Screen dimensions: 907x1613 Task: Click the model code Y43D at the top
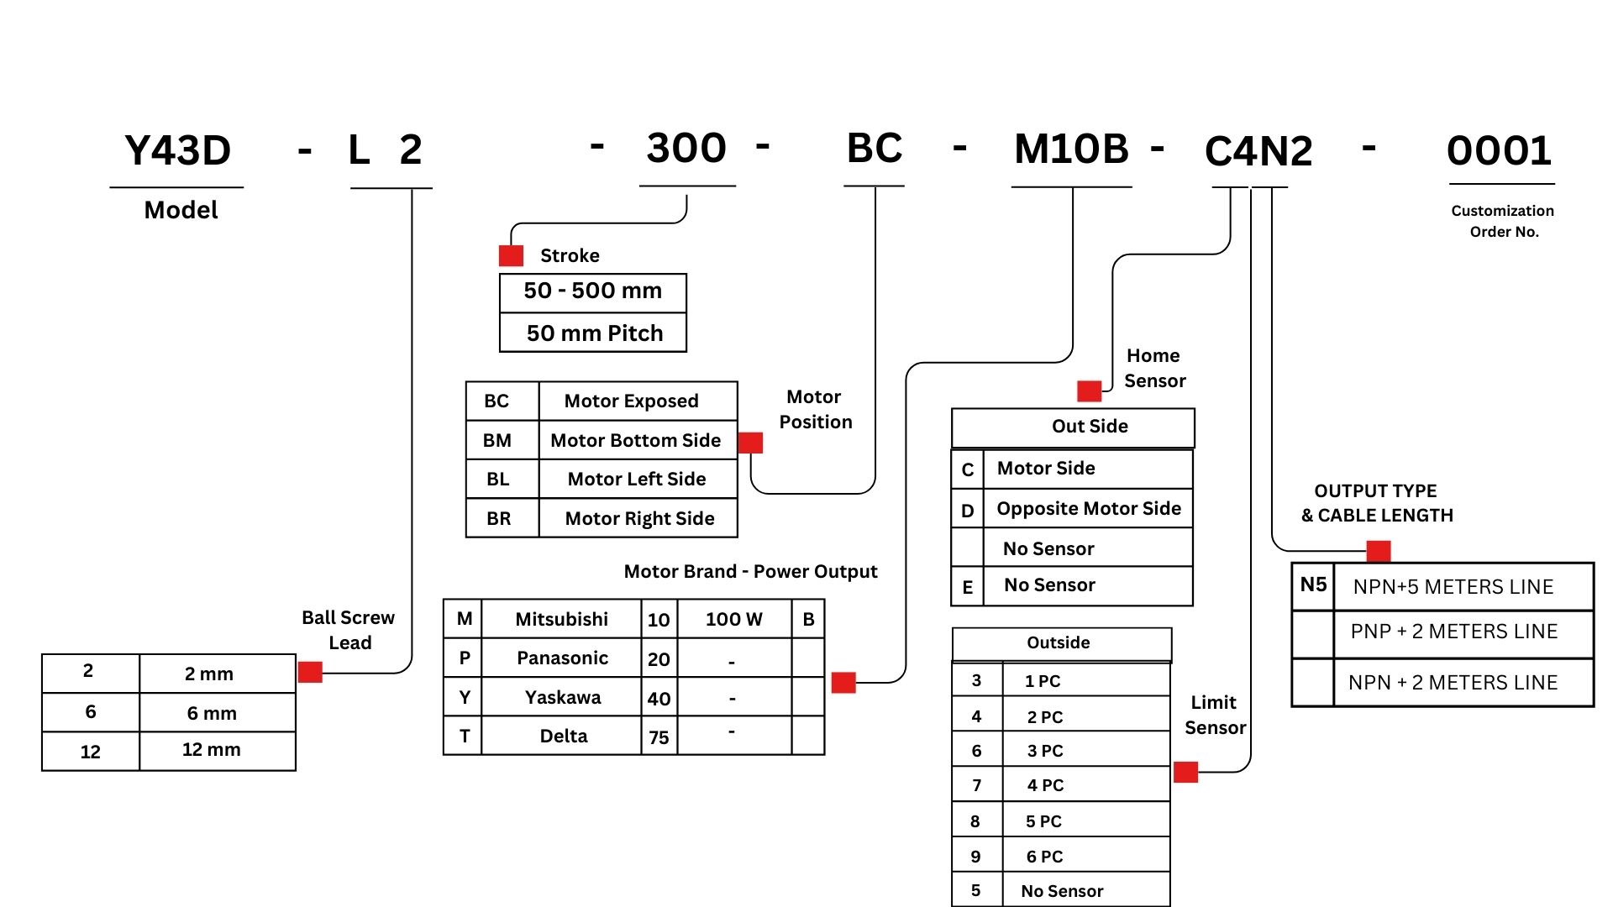177,151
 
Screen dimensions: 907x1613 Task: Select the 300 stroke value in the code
686,149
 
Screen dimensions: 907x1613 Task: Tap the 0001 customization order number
1500,152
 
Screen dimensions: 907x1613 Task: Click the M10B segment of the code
1071,149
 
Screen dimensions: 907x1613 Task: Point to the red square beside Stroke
511,255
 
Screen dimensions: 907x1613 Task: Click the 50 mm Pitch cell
594,333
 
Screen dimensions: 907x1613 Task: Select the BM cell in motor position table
497,440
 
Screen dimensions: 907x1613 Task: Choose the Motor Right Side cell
639,518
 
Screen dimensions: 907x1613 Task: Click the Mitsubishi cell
561,619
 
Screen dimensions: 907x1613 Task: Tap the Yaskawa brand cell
563,697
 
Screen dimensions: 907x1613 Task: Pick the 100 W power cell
733,619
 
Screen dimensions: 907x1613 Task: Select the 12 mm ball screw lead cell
212,750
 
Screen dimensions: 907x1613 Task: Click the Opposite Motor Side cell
1089,508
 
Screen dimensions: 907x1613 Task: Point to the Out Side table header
1090,427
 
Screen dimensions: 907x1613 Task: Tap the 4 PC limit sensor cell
1045,785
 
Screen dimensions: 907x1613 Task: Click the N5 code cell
1313,585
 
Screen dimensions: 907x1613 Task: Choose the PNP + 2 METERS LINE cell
1454,632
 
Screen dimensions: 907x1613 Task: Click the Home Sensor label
1154,368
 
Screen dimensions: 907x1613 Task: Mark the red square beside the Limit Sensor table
1185,772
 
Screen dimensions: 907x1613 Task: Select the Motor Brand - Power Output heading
750,572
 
